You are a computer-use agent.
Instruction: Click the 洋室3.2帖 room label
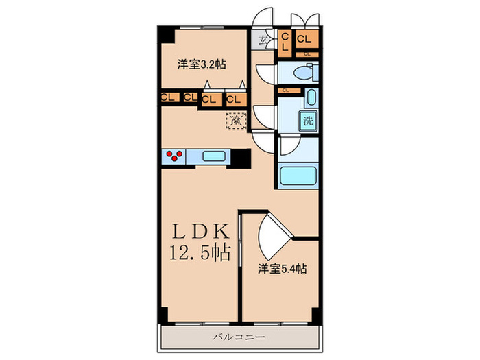tap(202, 64)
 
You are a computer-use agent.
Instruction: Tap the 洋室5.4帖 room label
tap(282, 268)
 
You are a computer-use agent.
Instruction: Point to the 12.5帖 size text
tap(199, 254)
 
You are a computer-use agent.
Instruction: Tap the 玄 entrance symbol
tap(263, 40)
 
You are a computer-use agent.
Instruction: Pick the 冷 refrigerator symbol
tap(235, 122)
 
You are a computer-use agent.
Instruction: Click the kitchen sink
tap(217, 156)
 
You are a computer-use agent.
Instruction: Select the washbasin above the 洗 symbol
tap(310, 97)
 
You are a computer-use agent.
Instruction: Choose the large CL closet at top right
tap(306, 40)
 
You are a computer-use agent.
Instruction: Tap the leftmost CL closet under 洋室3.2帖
tap(167, 97)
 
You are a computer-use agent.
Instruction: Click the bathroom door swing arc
tap(288, 145)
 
